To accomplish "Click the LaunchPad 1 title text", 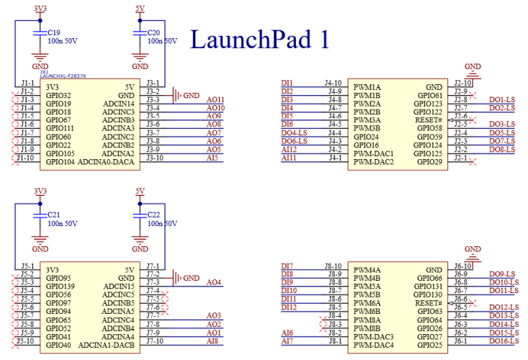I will point(259,39).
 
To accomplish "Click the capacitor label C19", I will point(54,32).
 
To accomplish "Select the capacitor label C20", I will point(153,32).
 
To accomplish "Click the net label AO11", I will point(215,99).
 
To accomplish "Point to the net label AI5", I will point(213,158).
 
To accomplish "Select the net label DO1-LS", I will point(501,99).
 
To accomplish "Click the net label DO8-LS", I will point(501,149).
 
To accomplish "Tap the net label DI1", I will point(287,83).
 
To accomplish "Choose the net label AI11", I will point(289,158).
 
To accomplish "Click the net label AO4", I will point(213,282).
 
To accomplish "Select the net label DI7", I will point(287,266).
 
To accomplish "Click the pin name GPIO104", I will point(59,162).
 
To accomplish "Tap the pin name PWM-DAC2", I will point(374,162).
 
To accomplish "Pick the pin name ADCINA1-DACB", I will point(107,345).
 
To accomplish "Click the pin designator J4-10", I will point(333,83).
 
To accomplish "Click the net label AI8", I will point(213,341).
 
